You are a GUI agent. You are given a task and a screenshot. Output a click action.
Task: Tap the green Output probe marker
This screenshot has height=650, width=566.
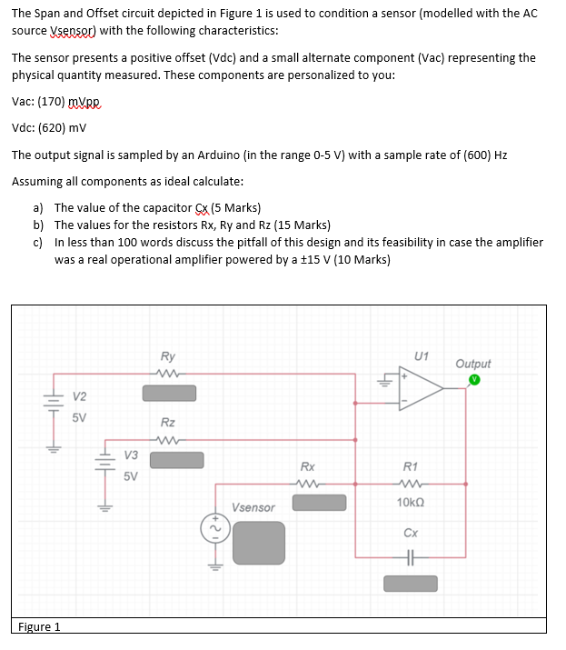(473, 380)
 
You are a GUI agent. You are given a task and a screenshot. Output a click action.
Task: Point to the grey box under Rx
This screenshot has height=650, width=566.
(318, 502)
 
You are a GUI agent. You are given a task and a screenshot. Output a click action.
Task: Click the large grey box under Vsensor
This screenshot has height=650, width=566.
(258, 543)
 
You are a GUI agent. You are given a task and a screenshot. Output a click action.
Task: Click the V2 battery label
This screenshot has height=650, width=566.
(80, 396)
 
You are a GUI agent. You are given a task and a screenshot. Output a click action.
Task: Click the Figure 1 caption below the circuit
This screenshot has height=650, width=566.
(40, 626)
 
